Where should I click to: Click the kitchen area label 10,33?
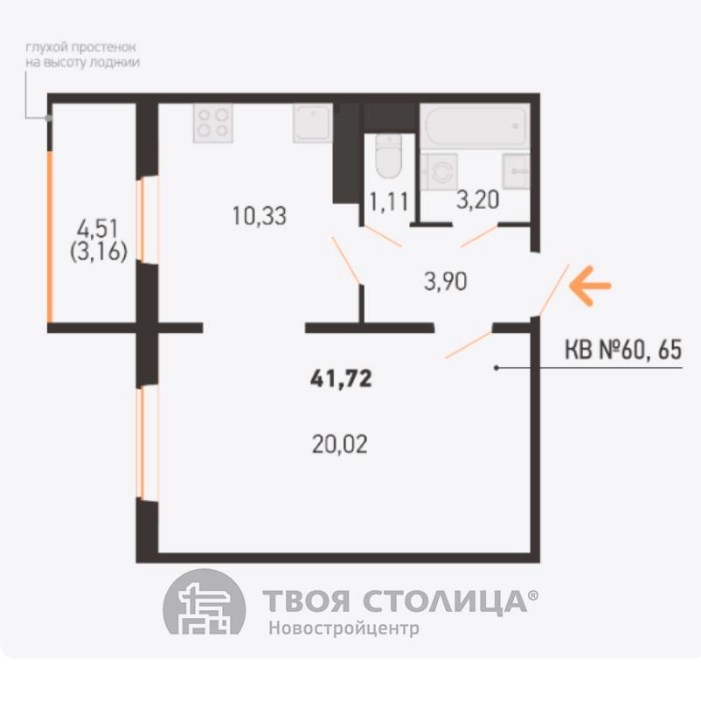(260, 216)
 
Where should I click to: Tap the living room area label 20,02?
(339, 444)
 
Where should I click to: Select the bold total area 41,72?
(341, 378)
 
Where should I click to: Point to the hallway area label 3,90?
(446, 281)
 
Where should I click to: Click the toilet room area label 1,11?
(389, 201)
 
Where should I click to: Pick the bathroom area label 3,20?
(477, 200)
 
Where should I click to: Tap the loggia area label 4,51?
(98, 228)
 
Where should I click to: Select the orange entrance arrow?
(590, 286)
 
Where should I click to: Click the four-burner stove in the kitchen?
(213, 123)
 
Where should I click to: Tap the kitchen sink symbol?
(313, 123)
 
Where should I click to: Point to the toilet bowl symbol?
(388, 156)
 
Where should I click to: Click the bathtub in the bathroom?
(475, 125)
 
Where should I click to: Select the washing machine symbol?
(439, 171)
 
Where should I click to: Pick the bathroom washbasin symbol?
(516, 171)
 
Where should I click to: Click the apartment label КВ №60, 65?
(623, 350)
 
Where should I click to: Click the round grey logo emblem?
(205, 602)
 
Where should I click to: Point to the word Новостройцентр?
(344, 628)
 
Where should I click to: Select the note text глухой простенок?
(80, 47)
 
